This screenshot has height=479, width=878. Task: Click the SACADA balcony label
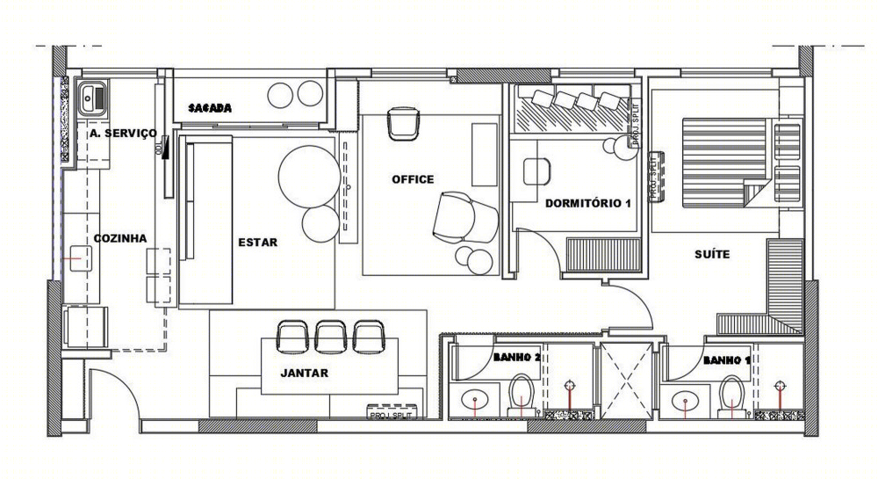tap(210, 107)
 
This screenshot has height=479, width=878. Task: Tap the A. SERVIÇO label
tap(123, 134)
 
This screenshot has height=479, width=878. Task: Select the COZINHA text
tap(120, 238)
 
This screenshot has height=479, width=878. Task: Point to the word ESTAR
tap(257, 243)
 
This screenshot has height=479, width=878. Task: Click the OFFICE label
tap(413, 179)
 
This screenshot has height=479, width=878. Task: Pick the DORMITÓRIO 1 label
tap(588, 203)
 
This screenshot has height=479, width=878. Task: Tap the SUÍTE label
tap(712, 254)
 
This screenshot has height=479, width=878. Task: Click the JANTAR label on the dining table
tap(304, 374)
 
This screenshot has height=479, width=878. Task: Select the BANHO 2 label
tap(515, 358)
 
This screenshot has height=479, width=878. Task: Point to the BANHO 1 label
tap(727, 361)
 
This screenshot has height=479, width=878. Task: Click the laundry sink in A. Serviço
tap(92, 98)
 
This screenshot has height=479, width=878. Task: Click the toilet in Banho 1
tap(732, 396)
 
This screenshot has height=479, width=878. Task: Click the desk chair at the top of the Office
tap(403, 124)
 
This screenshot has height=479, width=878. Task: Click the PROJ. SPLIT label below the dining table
tap(390, 415)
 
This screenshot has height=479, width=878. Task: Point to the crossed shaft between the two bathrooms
tap(627, 381)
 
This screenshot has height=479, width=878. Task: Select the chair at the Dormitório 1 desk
tap(537, 171)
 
